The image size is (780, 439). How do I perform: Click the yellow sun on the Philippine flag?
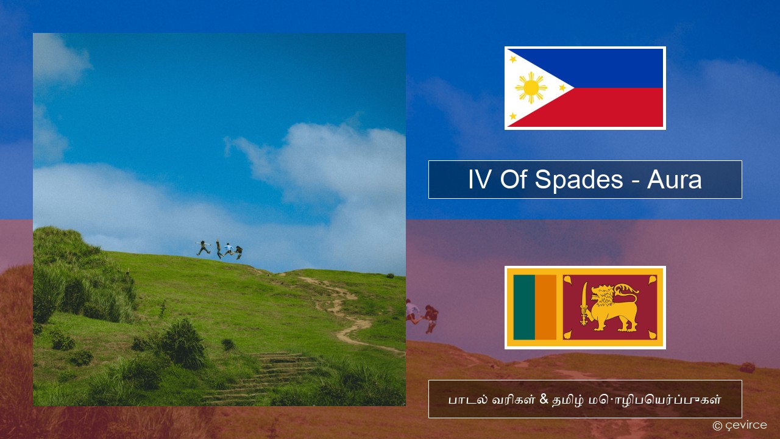pos(531,88)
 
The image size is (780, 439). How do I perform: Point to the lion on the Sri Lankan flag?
pos(614,307)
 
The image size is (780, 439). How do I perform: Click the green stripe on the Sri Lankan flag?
pos(524,307)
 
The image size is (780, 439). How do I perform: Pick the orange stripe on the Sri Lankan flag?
pos(545,307)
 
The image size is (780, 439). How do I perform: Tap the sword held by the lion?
pos(584,304)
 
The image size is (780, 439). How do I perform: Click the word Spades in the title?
pos(579,180)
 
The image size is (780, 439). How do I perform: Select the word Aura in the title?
pos(674,180)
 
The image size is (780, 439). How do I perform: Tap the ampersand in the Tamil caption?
pos(544,399)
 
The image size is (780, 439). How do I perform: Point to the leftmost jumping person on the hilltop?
pos(203,248)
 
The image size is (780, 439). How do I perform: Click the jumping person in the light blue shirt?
pos(229,249)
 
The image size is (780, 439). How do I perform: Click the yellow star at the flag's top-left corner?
pos(512,59)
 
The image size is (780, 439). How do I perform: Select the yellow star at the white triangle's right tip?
pos(562,88)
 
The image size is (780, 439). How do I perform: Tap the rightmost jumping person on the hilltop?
pos(239,252)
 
